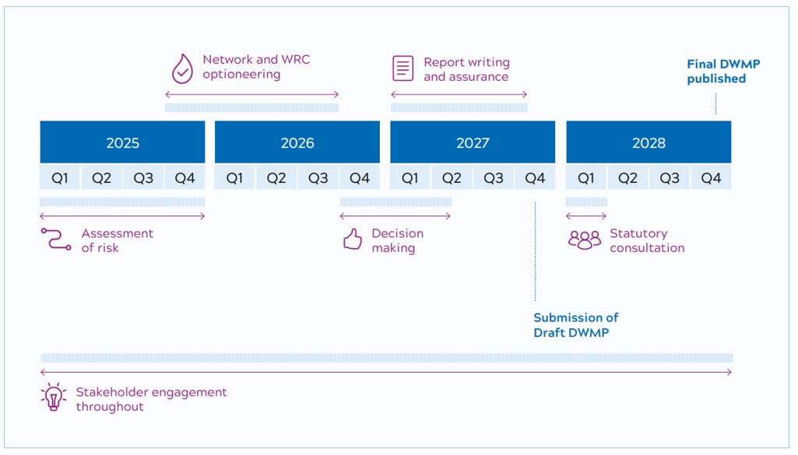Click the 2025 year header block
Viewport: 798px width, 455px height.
[x=122, y=142]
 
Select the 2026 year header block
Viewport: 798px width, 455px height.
[x=297, y=142]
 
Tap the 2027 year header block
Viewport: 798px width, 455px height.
[x=473, y=142]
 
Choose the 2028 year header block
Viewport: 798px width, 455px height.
[x=649, y=142]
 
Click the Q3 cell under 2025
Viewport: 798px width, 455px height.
[x=143, y=178]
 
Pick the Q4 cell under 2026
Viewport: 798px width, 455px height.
[x=360, y=178]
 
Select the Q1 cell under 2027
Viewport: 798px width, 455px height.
[x=410, y=178]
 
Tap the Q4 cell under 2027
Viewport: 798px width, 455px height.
[x=535, y=178]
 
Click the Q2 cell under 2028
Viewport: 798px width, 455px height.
[x=628, y=178]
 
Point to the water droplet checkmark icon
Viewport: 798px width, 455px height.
[x=181, y=68]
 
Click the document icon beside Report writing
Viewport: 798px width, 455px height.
[x=403, y=68]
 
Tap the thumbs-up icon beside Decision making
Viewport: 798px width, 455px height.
[x=353, y=240]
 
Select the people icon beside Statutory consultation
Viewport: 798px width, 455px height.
[x=584, y=240]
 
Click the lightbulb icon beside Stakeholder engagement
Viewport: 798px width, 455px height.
[x=53, y=397]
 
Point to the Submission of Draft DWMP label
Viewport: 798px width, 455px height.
[x=575, y=325]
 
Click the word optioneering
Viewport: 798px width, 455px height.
[x=241, y=75]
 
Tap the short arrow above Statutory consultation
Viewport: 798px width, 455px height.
[x=586, y=216]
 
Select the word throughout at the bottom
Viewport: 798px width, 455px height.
[x=110, y=407]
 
